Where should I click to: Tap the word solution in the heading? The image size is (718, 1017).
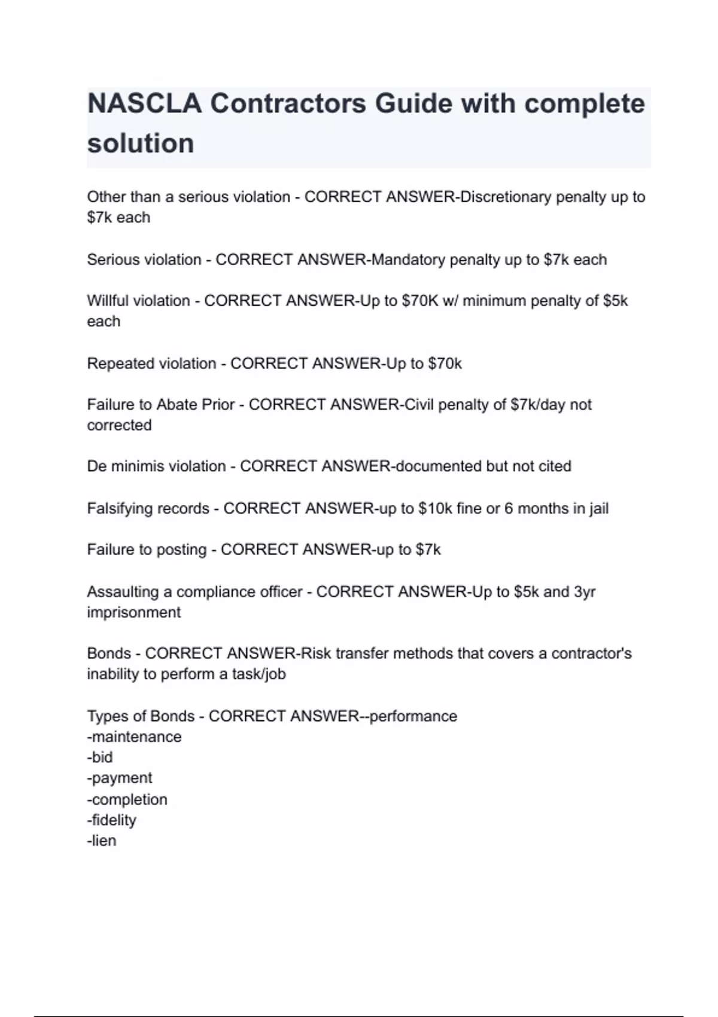[141, 144]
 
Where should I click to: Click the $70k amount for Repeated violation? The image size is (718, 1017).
[445, 363]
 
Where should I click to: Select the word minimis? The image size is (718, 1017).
[136, 466]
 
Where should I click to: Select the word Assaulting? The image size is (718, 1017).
[123, 592]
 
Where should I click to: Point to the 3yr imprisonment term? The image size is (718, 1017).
[585, 592]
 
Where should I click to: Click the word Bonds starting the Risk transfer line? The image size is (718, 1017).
[109, 653]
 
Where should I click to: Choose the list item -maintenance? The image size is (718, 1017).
[134, 736]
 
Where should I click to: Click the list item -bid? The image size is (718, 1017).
[100, 757]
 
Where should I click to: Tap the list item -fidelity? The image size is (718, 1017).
[112, 820]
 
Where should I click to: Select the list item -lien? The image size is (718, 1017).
[102, 841]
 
